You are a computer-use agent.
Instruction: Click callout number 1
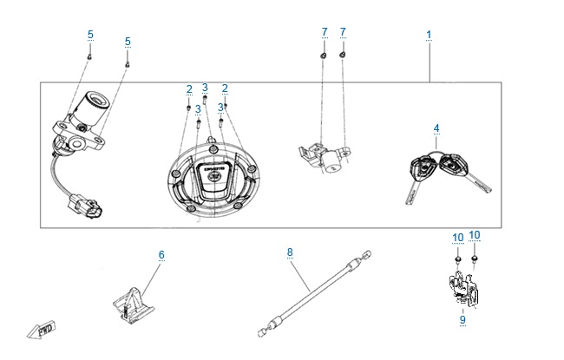pos(429,35)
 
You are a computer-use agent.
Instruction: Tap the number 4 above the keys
pos(436,128)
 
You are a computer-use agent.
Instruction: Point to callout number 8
pos(290,252)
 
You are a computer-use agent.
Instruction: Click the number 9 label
pos(462,320)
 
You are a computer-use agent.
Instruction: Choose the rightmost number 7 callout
pos(343,32)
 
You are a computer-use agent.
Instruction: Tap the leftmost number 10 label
pos(456,236)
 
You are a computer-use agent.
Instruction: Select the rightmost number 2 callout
pos(225,88)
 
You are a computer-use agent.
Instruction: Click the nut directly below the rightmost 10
pos(475,258)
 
